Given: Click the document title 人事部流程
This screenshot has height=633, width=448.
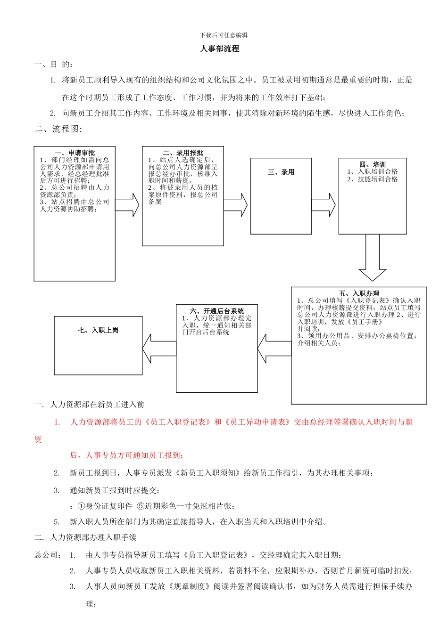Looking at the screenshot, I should [220, 49].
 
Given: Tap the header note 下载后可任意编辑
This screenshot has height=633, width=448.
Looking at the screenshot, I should [224, 35].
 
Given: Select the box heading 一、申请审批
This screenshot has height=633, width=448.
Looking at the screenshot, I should [75, 153].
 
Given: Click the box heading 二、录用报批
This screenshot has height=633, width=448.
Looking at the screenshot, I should [183, 153].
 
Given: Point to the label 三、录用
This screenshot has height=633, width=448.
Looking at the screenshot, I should [281, 172].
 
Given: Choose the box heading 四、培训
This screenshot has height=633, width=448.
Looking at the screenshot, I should [373, 164].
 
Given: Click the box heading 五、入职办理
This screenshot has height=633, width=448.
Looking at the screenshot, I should [359, 293].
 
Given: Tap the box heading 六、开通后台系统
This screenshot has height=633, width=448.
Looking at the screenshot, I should [217, 311].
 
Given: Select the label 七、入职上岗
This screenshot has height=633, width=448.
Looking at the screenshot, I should [98, 331].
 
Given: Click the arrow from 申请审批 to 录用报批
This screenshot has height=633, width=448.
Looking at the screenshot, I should [127, 205].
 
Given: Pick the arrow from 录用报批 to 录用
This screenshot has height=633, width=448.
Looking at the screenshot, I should [236, 205].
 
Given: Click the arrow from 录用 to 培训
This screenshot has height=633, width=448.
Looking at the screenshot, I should [324, 205].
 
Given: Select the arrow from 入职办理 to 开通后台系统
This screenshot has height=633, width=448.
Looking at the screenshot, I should [274, 349].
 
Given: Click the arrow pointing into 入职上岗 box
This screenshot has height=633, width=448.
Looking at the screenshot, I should [159, 349].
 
